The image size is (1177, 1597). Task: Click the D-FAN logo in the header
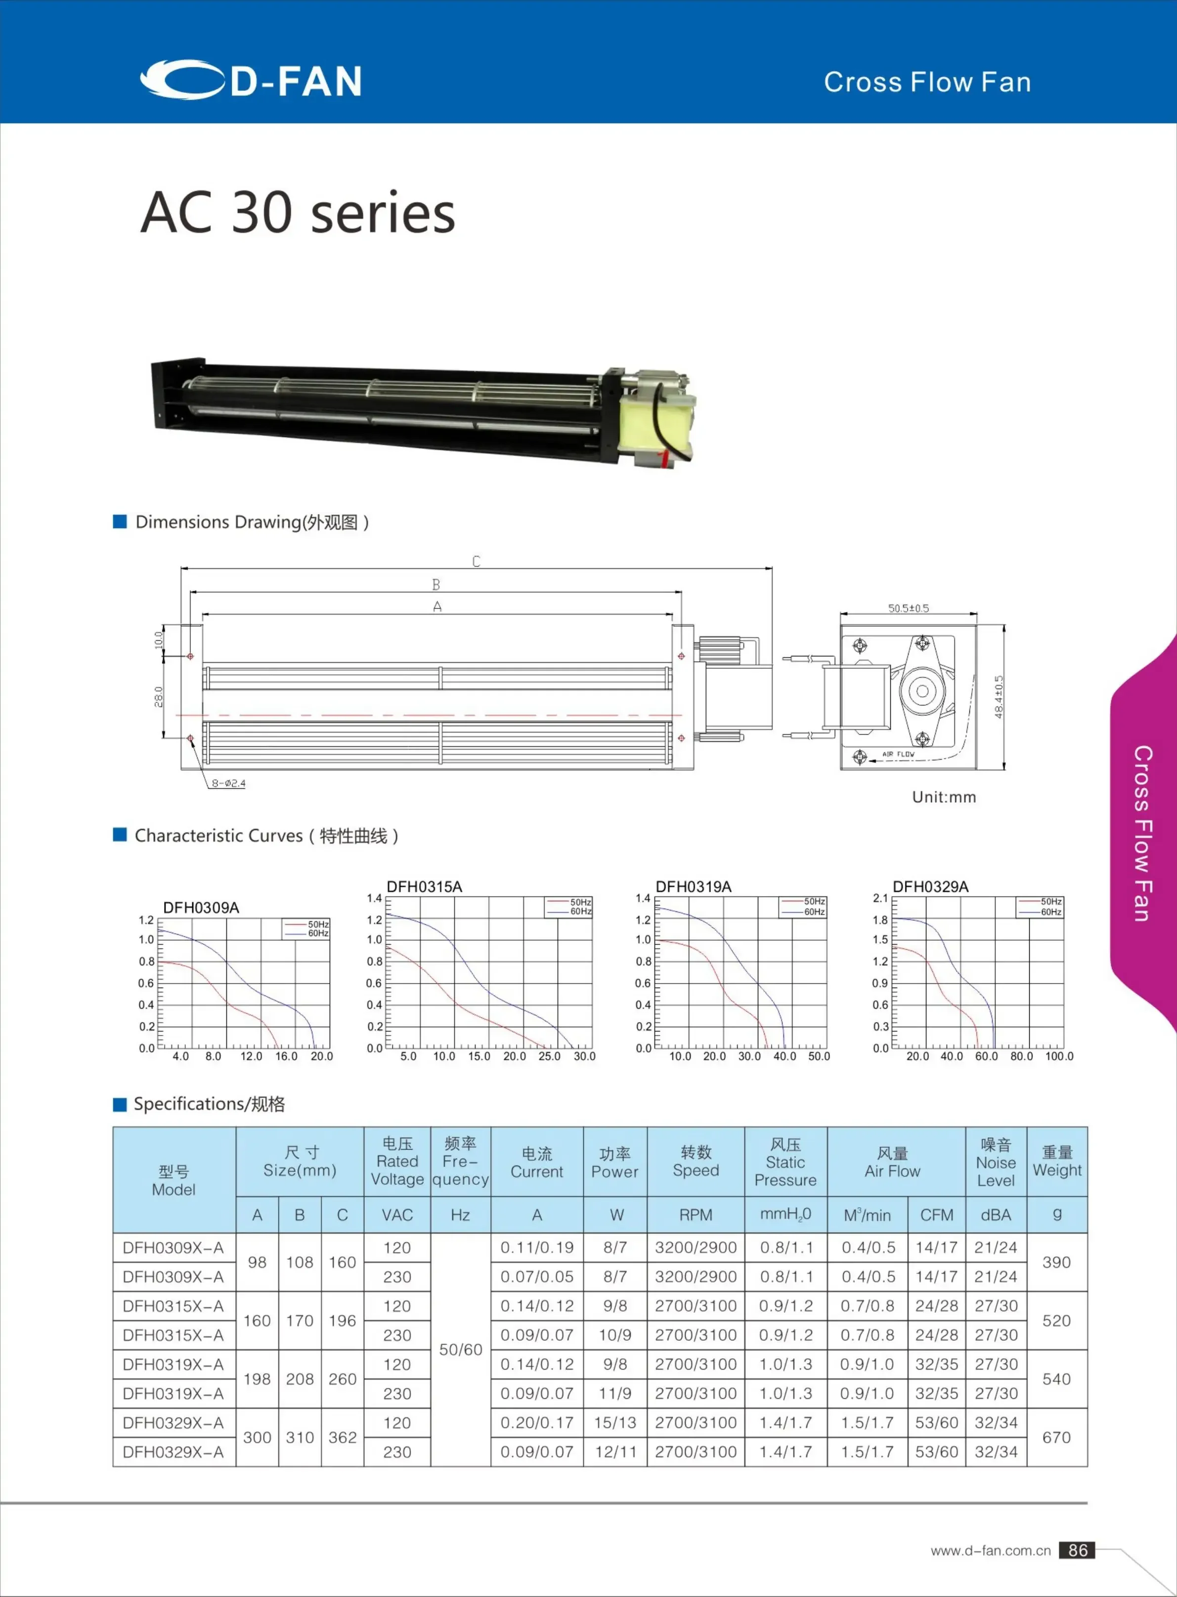coord(251,80)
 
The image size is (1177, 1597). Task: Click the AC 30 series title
coord(297,212)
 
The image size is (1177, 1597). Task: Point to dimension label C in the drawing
coord(476,561)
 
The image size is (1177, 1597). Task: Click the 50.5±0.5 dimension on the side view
coord(909,608)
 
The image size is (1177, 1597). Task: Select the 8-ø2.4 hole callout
coord(228,783)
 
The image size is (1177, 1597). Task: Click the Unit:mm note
coord(944,797)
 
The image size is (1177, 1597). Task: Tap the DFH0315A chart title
coord(424,887)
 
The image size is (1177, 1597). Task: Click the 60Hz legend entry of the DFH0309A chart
coord(317,933)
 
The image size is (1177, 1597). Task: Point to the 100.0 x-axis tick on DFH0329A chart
coord(1059,1056)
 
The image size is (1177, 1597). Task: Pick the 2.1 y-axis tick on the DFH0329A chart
coord(880,898)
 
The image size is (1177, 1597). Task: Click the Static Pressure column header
coord(785,1163)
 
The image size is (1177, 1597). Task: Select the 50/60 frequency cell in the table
coord(460,1350)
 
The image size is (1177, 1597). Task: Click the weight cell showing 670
coord(1056,1437)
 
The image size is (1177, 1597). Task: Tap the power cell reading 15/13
coord(615,1423)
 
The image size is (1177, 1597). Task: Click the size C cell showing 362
coord(342,1437)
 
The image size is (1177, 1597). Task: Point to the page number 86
coord(1077,1550)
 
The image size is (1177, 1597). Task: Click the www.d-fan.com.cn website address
coord(990,1551)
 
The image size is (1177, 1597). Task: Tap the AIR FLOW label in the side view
coord(898,754)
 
